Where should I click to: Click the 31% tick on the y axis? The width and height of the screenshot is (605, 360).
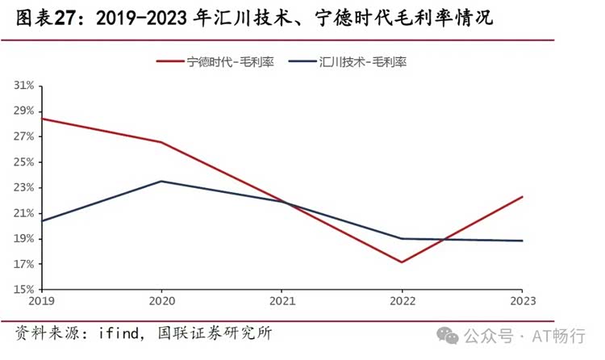tap(23, 85)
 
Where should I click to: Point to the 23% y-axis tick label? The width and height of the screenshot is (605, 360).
tap(23, 187)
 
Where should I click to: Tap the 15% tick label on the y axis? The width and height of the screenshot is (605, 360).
tap(23, 290)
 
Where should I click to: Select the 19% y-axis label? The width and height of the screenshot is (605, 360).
tap(23, 239)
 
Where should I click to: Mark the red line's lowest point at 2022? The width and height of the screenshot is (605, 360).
tap(402, 262)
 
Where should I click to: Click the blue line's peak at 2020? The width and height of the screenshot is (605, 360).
tap(161, 181)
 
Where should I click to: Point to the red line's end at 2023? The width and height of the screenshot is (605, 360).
tap(522, 196)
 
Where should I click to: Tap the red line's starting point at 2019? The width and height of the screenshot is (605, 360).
tap(42, 119)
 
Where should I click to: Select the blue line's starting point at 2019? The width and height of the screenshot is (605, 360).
tap(42, 220)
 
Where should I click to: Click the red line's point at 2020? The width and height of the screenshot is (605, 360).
tap(161, 142)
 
